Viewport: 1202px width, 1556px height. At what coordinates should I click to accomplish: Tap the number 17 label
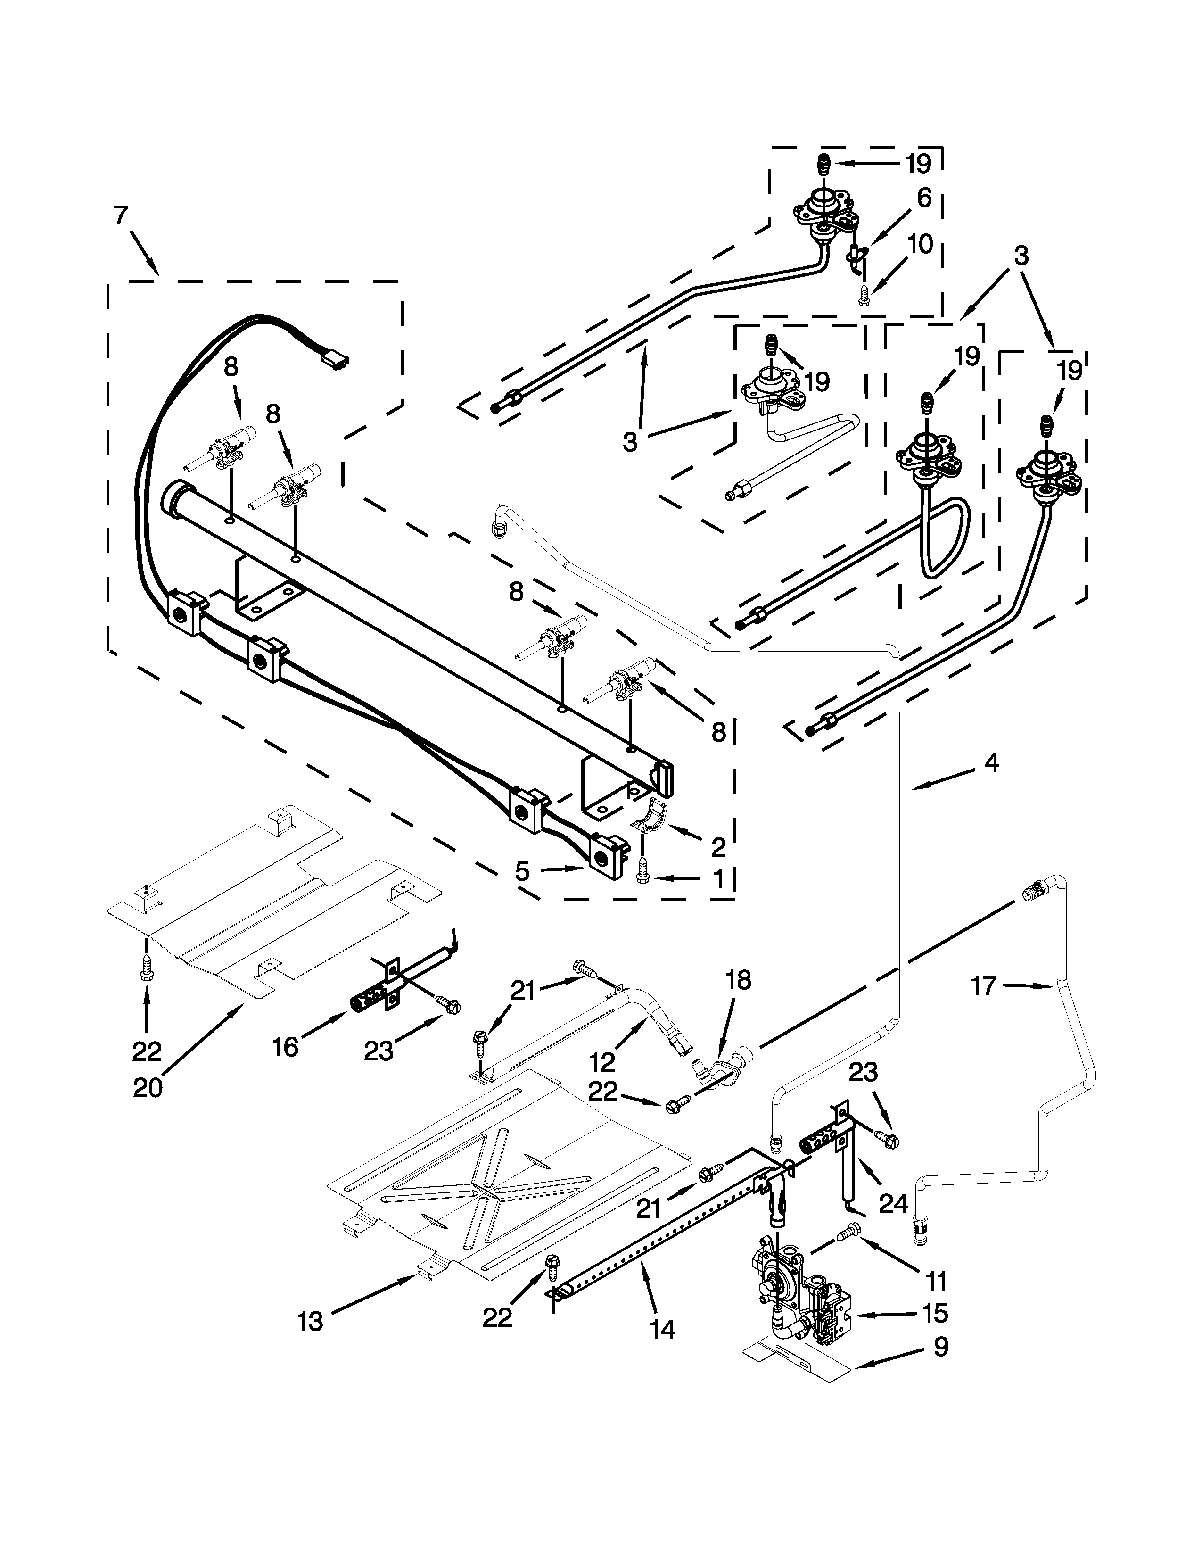(983, 987)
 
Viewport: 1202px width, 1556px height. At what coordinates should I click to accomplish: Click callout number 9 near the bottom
(941, 1347)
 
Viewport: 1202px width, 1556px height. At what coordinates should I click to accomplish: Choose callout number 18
(739, 981)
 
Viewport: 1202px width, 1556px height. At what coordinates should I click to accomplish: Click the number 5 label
(523, 870)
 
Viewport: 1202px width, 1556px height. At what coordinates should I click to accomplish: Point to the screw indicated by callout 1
(641, 878)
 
